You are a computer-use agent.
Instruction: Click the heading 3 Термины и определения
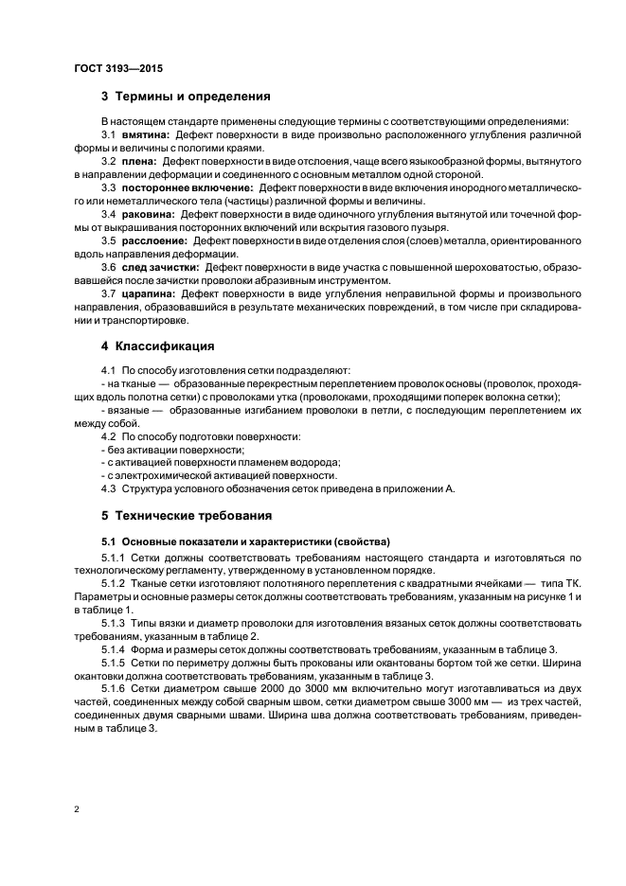pos(187,97)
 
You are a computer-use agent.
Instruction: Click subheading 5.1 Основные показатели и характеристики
pos(245,541)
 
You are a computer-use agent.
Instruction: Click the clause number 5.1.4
pos(114,648)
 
